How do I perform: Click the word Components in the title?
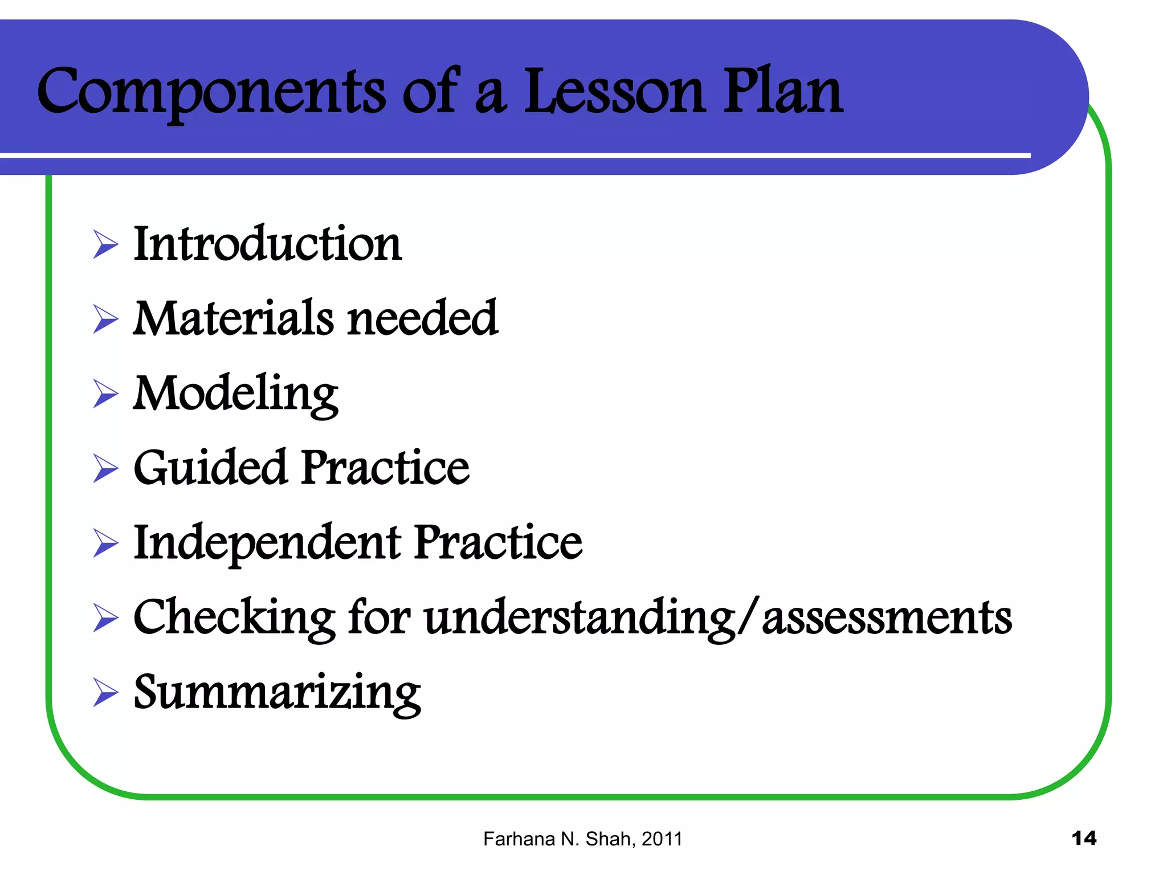coord(211,91)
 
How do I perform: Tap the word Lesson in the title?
coord(614,91)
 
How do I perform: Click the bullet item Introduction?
coord(267,244)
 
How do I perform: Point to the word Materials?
coord(233,318)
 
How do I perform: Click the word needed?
coord(422,318)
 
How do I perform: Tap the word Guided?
coord(210,468)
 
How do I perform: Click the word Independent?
coord(267,542)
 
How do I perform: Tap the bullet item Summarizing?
coord(277,693)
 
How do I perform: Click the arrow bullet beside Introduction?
coord(105,245)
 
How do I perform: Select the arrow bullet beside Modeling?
coord(105,394)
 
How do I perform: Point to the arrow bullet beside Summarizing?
coord(105,693)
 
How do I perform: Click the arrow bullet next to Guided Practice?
coord(105,468)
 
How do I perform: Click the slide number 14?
coord(1083,839)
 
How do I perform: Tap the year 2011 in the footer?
coord(662,839)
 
